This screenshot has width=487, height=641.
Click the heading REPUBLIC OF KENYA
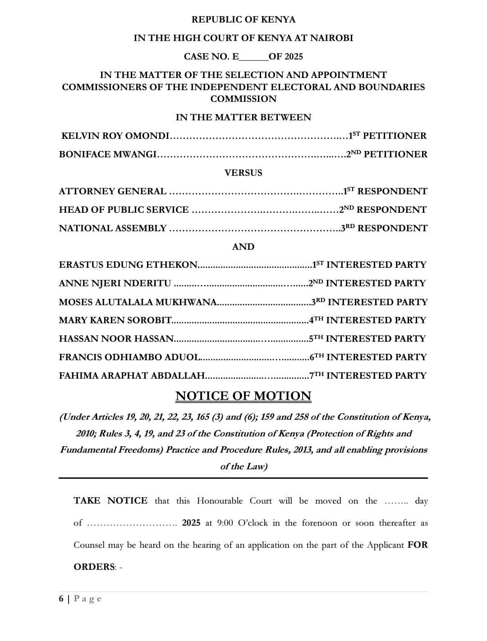tap(243, 19)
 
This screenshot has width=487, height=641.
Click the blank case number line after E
tap(254, 57)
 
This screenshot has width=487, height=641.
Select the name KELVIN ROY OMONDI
tap(115, 136)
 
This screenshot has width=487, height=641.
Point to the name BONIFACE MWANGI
tap(108, 154)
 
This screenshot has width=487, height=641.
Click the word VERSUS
tap(243, 173)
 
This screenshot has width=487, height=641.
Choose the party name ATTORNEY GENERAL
tap(112, 191)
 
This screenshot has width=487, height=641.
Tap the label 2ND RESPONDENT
tap(383, 210)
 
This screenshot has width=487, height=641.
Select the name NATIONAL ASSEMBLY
tap(113, 228)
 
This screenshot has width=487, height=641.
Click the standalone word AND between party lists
tap(243, 247)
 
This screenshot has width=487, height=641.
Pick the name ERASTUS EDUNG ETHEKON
tap(129, 265)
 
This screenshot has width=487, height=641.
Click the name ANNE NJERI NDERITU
tap(115, 283)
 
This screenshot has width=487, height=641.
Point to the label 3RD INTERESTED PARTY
tap(369, 302)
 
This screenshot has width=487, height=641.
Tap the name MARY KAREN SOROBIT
tap(115, 320)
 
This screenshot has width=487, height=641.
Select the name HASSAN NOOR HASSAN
tap(116, 339)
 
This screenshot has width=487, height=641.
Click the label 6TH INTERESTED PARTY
tap(368, 357)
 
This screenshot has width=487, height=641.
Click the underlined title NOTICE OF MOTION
tap(243, 396)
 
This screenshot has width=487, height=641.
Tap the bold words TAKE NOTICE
tap(110, 501)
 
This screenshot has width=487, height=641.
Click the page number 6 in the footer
tap(61, 599)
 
